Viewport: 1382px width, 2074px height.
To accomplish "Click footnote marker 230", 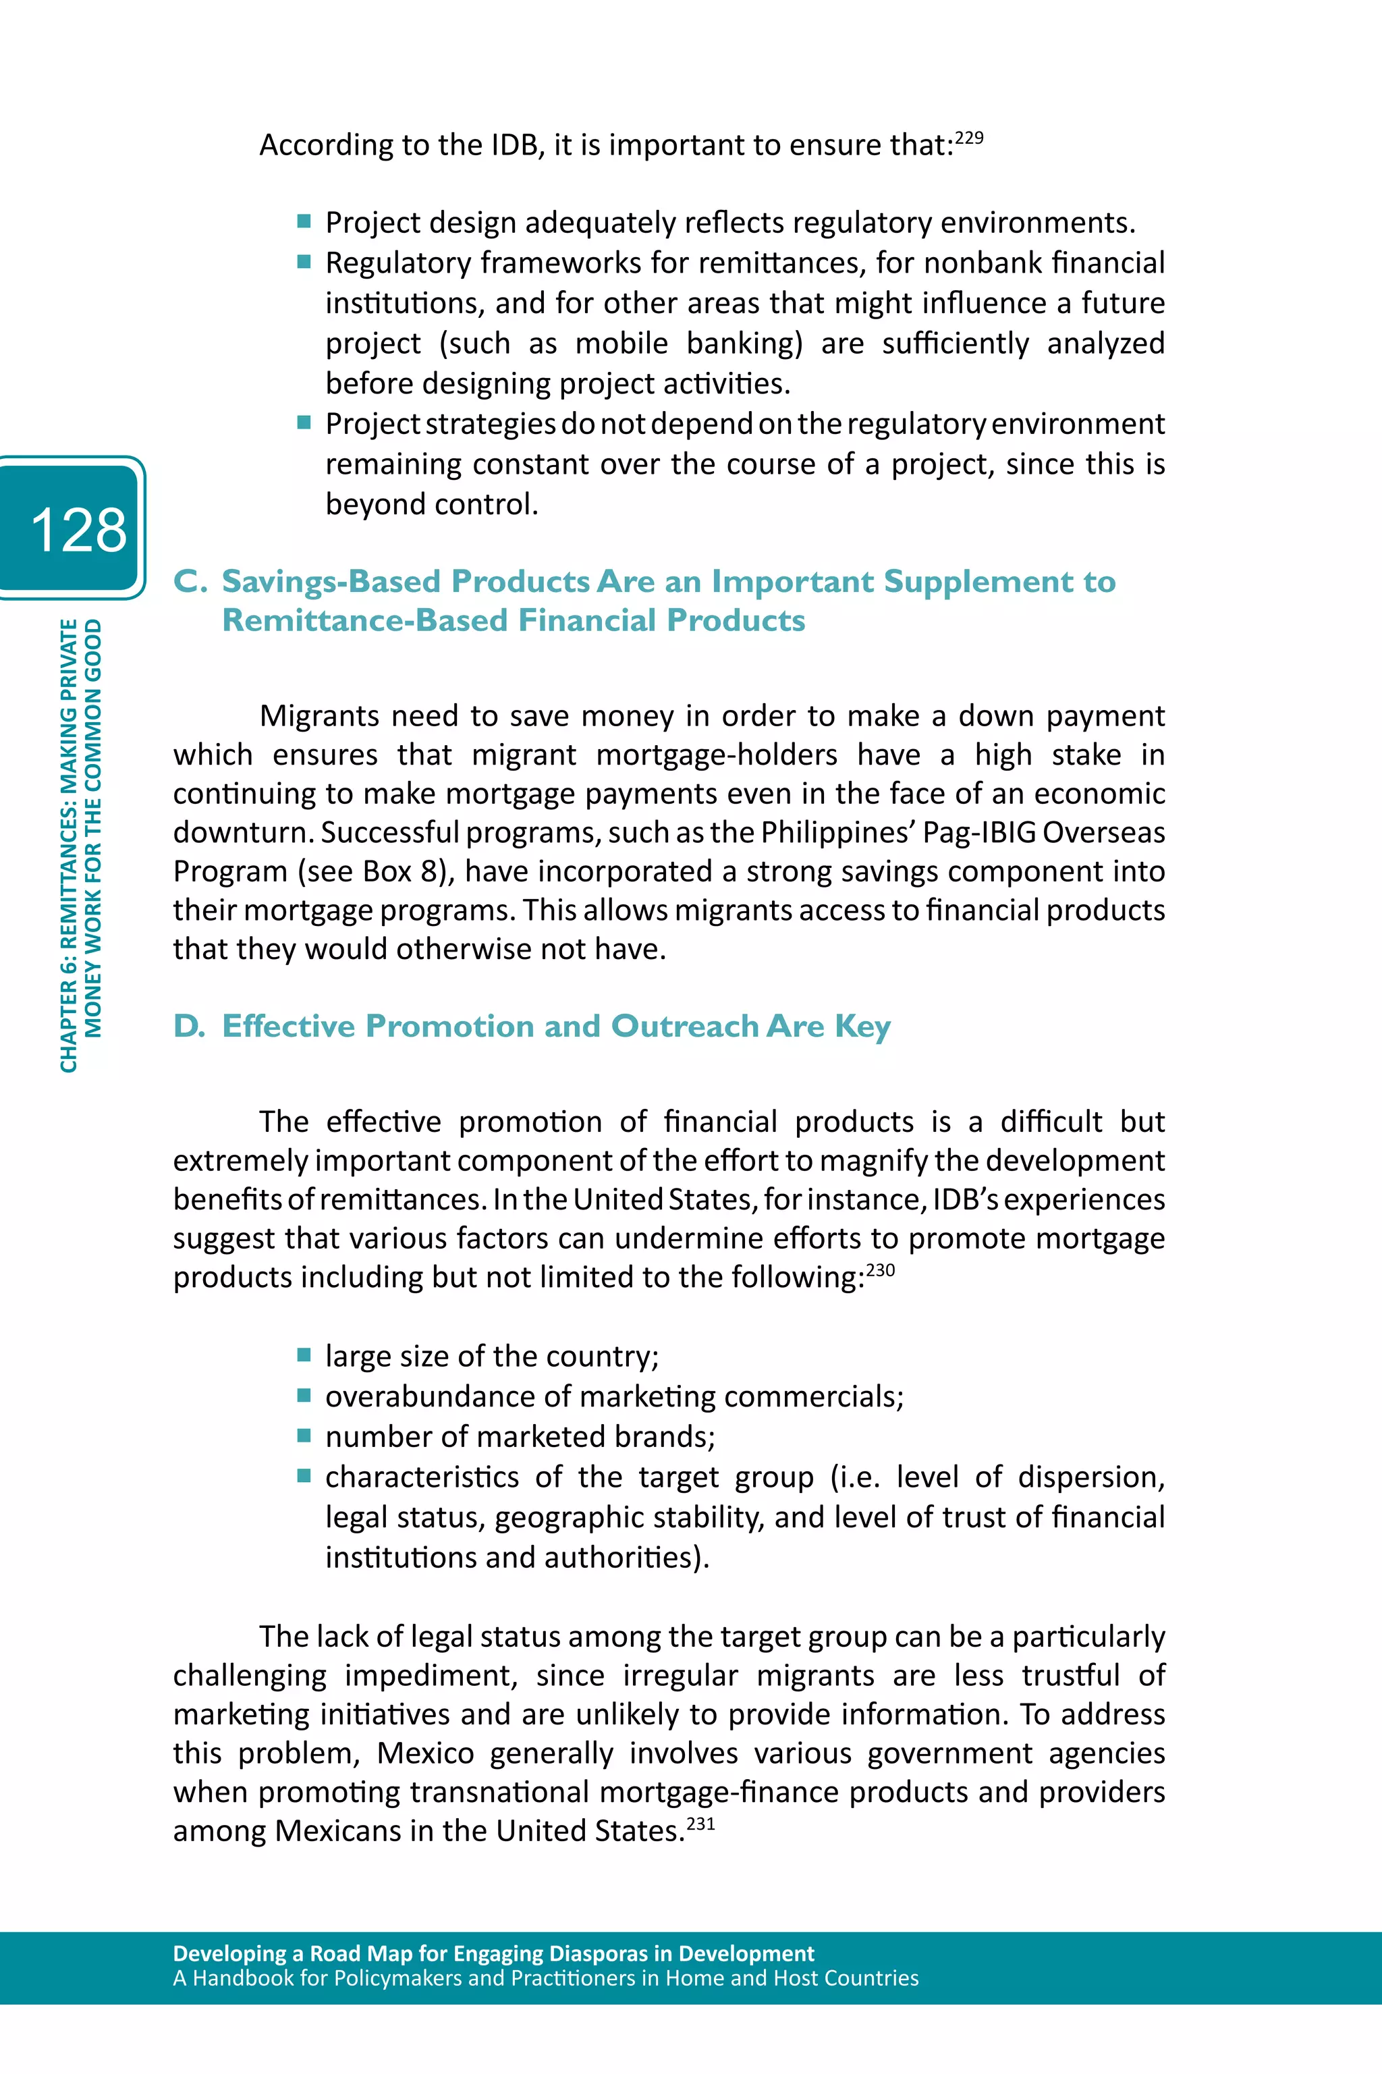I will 880,1270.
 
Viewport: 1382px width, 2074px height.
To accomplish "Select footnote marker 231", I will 700,1824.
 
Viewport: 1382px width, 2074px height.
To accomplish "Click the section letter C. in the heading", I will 190,582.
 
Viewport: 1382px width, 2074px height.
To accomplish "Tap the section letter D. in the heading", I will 190,1026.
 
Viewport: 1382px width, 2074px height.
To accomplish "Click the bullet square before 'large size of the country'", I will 304,1355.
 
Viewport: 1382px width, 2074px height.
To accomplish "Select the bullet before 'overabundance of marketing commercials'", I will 304,1395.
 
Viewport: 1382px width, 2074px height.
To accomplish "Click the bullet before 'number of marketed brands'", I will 304,1436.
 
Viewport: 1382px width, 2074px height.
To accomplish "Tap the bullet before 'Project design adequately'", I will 304,221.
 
